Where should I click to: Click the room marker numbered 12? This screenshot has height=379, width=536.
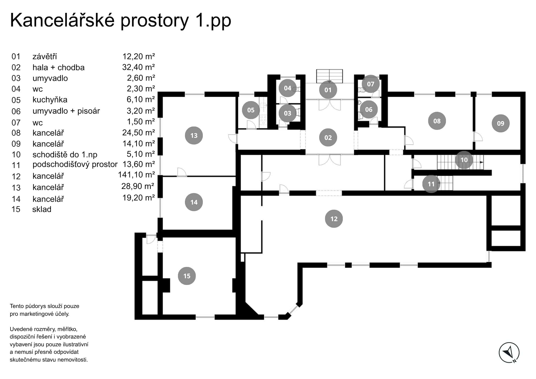(x=334, y=219)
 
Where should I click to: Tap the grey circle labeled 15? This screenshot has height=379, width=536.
(x=187, y=276)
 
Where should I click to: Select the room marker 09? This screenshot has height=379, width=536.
(x=500, y=123)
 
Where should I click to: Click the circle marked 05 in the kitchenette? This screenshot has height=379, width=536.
(x=251, y=110)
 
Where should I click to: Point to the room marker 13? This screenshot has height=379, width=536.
(x=194, y=135)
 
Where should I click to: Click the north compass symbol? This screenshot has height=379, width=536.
(x=509, y=353)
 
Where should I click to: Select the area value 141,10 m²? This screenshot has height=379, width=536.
(x=136, y=175)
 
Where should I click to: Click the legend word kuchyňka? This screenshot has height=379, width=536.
(x=50, y=100)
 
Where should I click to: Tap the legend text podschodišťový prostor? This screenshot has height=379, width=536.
(x=75, y=164)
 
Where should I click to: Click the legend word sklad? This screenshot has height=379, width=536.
(x=42, y=209)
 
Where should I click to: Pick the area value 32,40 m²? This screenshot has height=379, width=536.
(x=139, y=67)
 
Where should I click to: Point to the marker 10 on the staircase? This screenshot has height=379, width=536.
(x=464, y=160)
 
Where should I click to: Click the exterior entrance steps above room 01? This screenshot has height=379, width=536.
(x=329, y=76)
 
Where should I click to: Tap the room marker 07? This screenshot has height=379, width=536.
(x=370, y=84)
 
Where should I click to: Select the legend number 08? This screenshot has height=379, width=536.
(x=16, y=133)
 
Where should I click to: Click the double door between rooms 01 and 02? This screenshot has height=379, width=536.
(x=330, y=105)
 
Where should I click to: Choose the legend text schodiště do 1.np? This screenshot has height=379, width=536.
(x=65, y=155)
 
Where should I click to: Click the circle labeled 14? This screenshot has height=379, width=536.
(x=194, y=202)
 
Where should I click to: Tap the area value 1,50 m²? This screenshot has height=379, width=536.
(x=141, y=122)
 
